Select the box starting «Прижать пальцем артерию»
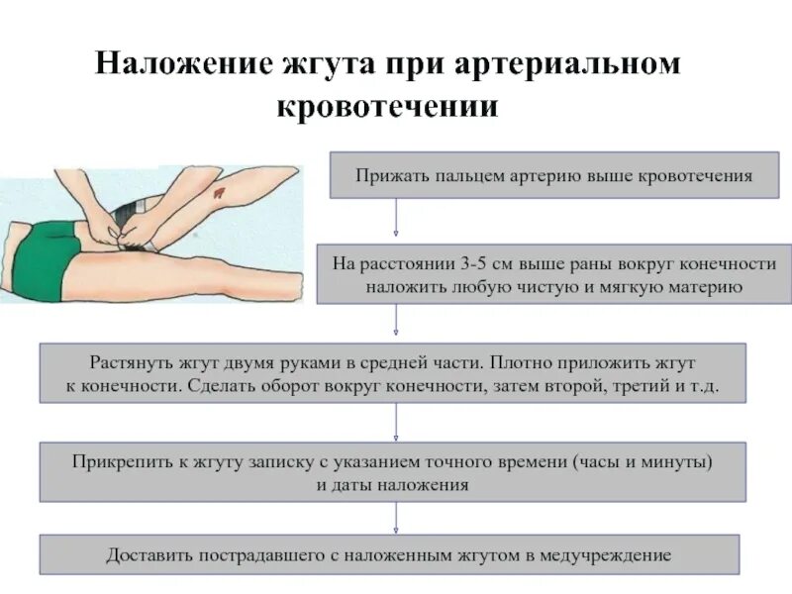point(553,175)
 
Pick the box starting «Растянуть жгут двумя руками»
point(392,373)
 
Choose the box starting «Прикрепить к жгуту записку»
point(392,472)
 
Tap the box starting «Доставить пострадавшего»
point(389,555)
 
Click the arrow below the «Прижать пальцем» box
point(397,220)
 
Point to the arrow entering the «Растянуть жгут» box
point(397,323)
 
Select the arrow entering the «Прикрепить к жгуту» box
point(397,423)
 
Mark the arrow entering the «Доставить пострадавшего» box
point(397,518)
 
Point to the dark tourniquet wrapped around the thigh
point(130,215)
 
